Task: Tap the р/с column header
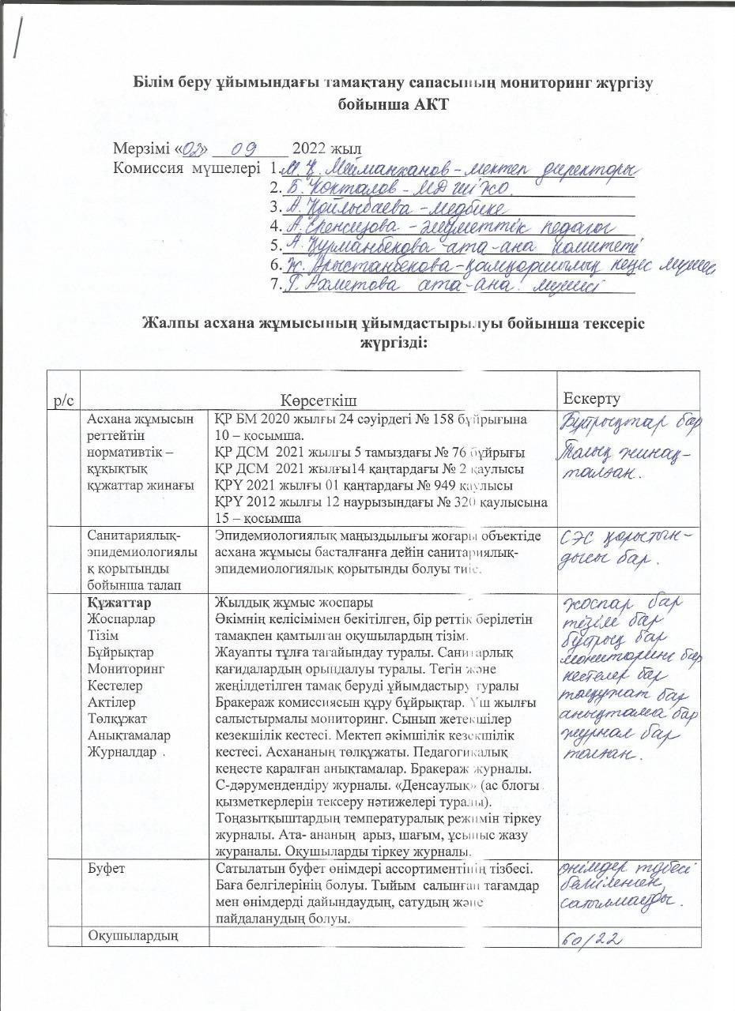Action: pyautogui.click(x=62, y=401)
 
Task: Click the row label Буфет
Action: pyautogui.click(x=106, y=870)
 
